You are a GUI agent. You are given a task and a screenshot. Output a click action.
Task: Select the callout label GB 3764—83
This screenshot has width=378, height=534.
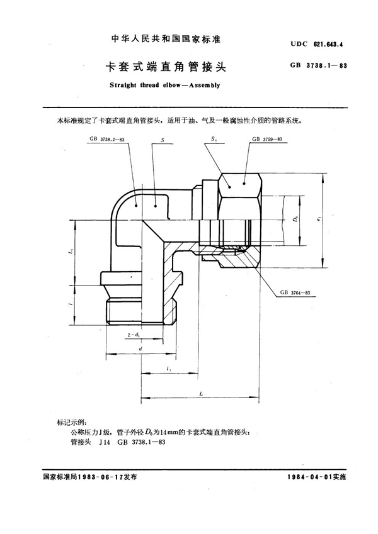304,294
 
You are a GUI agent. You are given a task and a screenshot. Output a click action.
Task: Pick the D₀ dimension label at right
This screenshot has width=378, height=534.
297,220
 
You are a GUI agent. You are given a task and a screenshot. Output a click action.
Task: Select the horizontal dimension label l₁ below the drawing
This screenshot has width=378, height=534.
168,370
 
